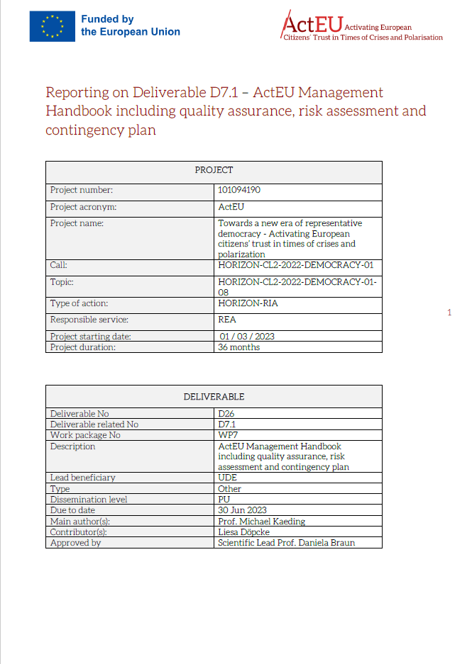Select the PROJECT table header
point(214,170)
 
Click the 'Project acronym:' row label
point(83,208)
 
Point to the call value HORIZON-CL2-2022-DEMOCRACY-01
point(295,266)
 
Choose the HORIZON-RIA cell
point(243,303)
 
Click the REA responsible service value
point(227,320)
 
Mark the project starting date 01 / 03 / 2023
point(246,337)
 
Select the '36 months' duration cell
point(239,347)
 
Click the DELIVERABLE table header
point(214,396)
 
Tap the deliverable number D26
point(226,414)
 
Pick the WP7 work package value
point(228,435)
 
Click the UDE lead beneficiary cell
point(227,478)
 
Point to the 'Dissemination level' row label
point(88,499)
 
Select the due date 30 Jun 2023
point(243,510)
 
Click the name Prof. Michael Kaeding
point(261,522)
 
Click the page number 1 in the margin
point(449,313)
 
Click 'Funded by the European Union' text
point(131,26)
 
